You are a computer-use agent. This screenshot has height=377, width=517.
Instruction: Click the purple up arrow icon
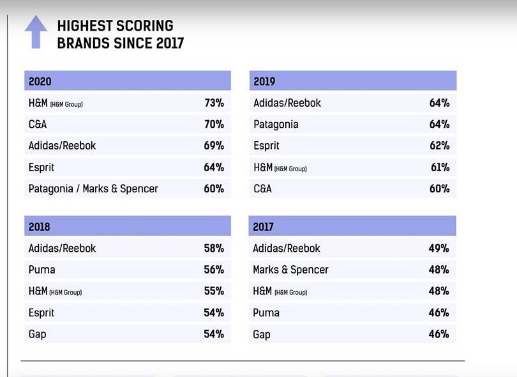pyautogui.click(x=36, y=32)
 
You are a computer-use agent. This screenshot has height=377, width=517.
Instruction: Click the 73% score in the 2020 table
pyautogui.click(x=214, y=103)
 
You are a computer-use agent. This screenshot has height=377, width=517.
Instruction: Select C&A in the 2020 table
pyautogui.click(x=38, y=124)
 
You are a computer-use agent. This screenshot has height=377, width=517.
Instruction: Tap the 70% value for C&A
pyautogui.click(x=214, y=124)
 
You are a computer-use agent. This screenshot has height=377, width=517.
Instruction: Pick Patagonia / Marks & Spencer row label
pyautogui.click(x=93, y=188)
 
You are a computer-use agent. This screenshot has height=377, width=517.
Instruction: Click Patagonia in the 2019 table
pyautogui.click(x=276, y=124)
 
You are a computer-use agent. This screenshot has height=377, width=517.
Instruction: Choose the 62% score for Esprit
pyautogui.click(x=439, y=146)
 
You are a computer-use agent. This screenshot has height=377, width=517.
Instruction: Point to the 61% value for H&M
pyautogui.click(x=440, y=167)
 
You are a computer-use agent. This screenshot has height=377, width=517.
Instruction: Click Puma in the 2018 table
pyautogui.click(x=41, y=270)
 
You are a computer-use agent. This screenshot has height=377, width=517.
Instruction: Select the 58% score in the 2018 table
pyautogui.click(x=214, y=248)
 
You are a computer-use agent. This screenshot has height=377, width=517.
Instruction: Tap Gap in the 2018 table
pyautogui.click(x=37, y=334)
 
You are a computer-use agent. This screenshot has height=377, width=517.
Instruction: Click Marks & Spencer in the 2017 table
pyautogui.click(x=290, y=270)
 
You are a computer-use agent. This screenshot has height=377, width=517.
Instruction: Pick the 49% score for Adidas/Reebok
pyautogui.click(x=439, y=248)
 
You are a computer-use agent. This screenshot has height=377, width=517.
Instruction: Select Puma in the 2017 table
pyautogui.click(x=266, y=312)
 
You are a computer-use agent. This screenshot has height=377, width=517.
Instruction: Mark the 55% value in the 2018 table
pyautogui.click(x=214, y=291)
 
